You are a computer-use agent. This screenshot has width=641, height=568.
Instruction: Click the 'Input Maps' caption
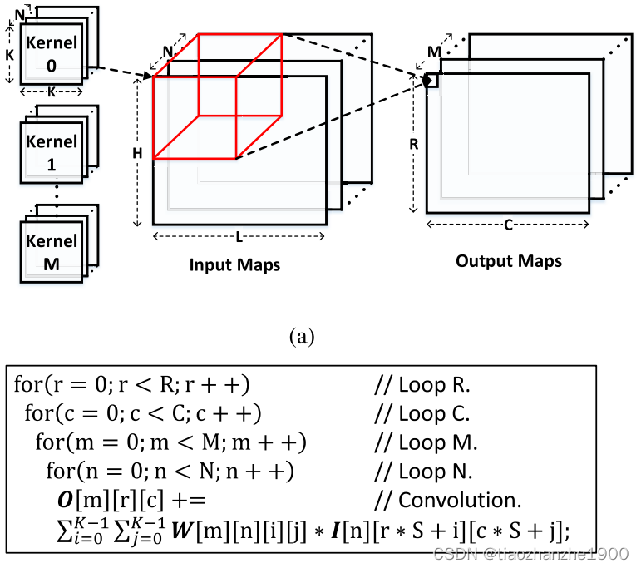[x=234, y=265]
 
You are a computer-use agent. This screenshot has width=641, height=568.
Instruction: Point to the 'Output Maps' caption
[x=508, y=261]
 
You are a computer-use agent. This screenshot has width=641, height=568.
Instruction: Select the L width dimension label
[x=239, y=237]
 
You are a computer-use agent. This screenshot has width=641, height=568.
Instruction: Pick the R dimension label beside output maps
[x=413, y=143]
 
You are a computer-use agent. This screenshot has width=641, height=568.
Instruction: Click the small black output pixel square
[x=431, y=80]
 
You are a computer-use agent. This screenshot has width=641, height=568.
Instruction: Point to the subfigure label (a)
[x=300, y=336]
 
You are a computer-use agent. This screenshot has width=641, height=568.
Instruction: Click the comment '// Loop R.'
[x=422, y=385]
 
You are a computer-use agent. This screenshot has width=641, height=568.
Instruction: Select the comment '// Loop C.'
[x=422, y=413]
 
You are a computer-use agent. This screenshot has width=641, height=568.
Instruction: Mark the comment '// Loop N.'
[x=423, y=472]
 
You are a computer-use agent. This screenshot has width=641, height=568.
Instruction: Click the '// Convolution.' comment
[x=446, y=501]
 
